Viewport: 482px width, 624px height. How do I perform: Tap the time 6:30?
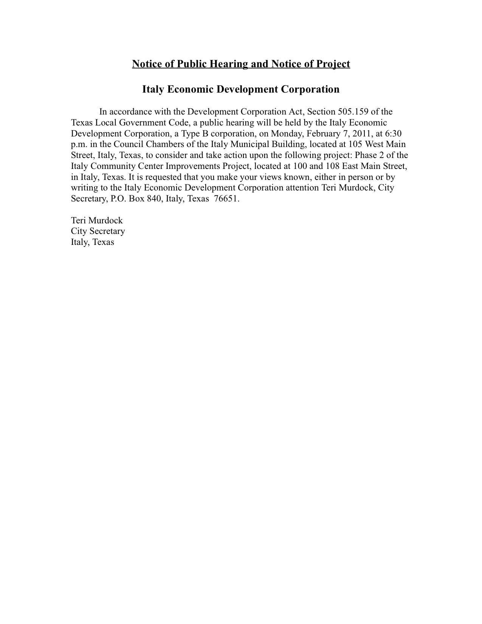pyautogui.click(x=398, y=133)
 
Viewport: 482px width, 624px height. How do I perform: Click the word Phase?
pyautogui.click(x=366, y=155)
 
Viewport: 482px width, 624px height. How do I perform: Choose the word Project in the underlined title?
pyautogui.click(x=333, y=64)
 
